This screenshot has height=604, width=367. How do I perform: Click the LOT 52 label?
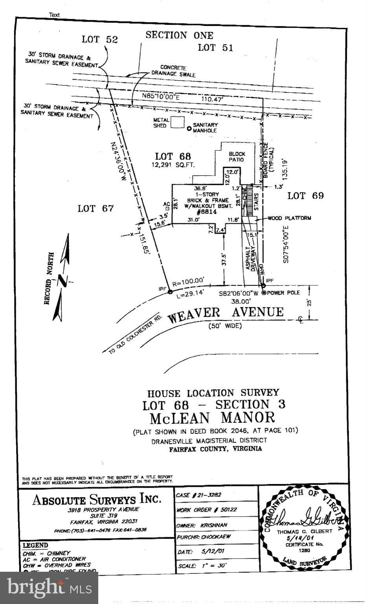[x=100, y=39]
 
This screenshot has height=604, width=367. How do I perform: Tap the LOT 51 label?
[x=215, y=48]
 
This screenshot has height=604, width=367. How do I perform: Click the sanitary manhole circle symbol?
[x=189, y=128]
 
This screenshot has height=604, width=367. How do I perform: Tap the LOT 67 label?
[x=95, y=208]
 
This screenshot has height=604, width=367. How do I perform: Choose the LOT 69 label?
[x=305, y=196]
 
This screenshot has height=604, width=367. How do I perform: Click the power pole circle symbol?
[x=264, y=293]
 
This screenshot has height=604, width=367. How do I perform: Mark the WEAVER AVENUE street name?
[x=226, y=313]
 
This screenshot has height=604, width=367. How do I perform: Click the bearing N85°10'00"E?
[x=161, y=97]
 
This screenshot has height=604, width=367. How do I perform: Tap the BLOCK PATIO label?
[x=237, y=157]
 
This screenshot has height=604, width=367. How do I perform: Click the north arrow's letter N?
[x=62, y=280]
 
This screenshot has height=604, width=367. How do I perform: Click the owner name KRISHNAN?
[x=214, y=525]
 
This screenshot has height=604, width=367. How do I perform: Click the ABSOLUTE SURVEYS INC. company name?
[x=97, y=500]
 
